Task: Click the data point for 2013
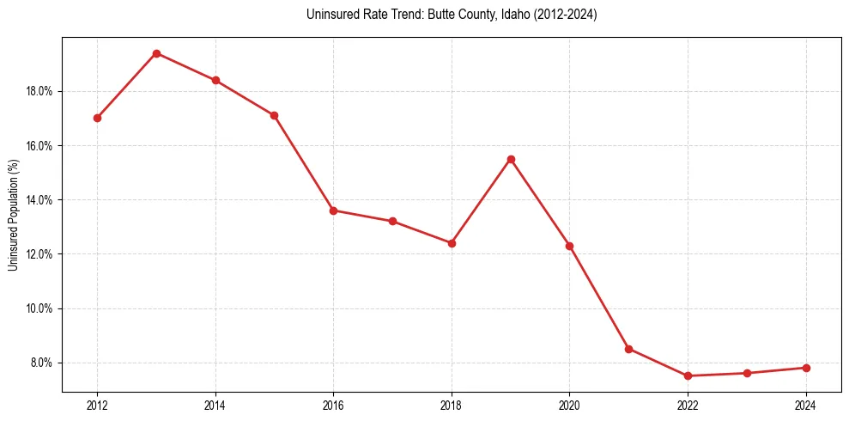tap(156, 53)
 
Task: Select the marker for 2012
tap(97, 118)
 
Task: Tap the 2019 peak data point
tap(511, 159)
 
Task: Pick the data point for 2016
tap(333, 210)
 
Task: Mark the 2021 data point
tap(628, 349)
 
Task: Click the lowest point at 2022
tap(688, 375)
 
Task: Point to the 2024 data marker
tap(806, 368)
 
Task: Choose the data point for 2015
tap(274, 115)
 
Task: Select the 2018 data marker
tap(452, 243)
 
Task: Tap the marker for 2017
tap(392, 221)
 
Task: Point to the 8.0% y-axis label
tap(41, 363)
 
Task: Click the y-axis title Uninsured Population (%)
tap(13, 215)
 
